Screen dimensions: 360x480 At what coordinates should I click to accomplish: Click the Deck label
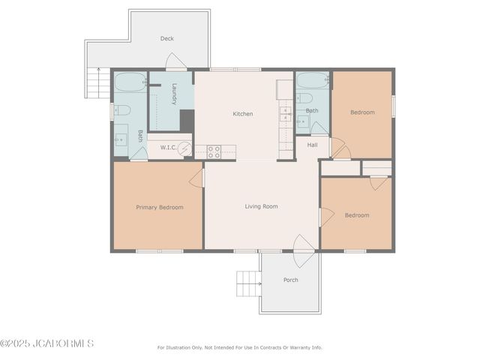point(166,38)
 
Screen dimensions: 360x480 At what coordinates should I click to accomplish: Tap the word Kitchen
point(242,114)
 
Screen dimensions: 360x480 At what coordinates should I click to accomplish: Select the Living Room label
point(261,206)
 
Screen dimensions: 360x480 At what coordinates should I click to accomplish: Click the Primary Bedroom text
point(159,207)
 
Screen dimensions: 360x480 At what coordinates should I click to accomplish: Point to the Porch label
point(290,280)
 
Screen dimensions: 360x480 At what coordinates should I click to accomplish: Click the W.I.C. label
point(167,148)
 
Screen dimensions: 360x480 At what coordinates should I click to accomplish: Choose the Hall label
point(312,145)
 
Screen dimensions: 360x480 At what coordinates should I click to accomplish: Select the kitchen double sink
point(286,115)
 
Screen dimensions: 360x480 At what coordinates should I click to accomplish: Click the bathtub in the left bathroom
point(130,81)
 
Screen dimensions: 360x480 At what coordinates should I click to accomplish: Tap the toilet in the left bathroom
point(123,111)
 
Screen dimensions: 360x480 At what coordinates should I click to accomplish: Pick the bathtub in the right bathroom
point(312,79)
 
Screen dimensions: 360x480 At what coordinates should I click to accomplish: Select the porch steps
point(248,284)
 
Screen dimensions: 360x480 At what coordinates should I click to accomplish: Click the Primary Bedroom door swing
point(197,177)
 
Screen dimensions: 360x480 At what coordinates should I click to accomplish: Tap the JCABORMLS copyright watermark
point(47,344)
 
